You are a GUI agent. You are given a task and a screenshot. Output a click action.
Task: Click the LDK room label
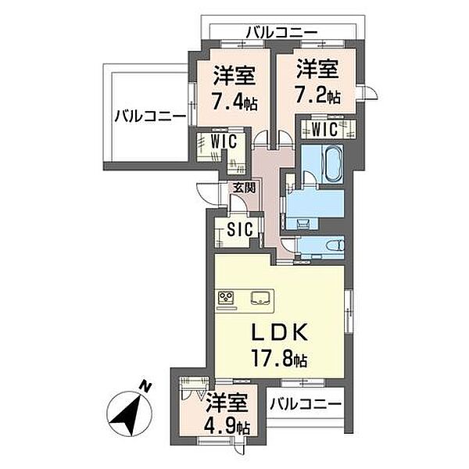(279, 332)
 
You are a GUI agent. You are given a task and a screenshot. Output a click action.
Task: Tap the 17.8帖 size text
(279, 358)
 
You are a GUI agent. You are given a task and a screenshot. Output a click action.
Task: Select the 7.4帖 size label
(234, 101)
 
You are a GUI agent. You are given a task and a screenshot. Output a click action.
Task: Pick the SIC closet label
(240, 229)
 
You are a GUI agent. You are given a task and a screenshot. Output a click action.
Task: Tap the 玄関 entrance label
(244, 188)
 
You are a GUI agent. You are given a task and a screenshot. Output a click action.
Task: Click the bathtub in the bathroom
(332, 163)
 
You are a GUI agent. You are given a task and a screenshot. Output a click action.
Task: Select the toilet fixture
(336, 245)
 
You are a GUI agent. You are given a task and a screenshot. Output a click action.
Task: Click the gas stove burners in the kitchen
(226, 297)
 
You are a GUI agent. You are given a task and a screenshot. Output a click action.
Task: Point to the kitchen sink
(261, 298)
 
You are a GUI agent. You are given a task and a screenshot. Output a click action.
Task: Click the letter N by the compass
(145, 386)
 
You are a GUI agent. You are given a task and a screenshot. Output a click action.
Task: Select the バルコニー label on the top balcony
(281, 32)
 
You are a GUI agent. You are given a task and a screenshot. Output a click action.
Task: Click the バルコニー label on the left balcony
(150, 116)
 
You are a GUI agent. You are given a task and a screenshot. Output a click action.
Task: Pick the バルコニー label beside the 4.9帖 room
(306, 404)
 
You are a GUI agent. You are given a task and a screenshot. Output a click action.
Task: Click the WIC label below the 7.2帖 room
(324, 130)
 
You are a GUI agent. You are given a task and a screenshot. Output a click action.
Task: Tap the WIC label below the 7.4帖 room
(224, 141)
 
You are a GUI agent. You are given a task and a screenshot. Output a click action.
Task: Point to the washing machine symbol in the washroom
(302, 223)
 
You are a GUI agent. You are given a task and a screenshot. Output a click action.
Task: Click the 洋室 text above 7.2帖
(317, 70)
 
